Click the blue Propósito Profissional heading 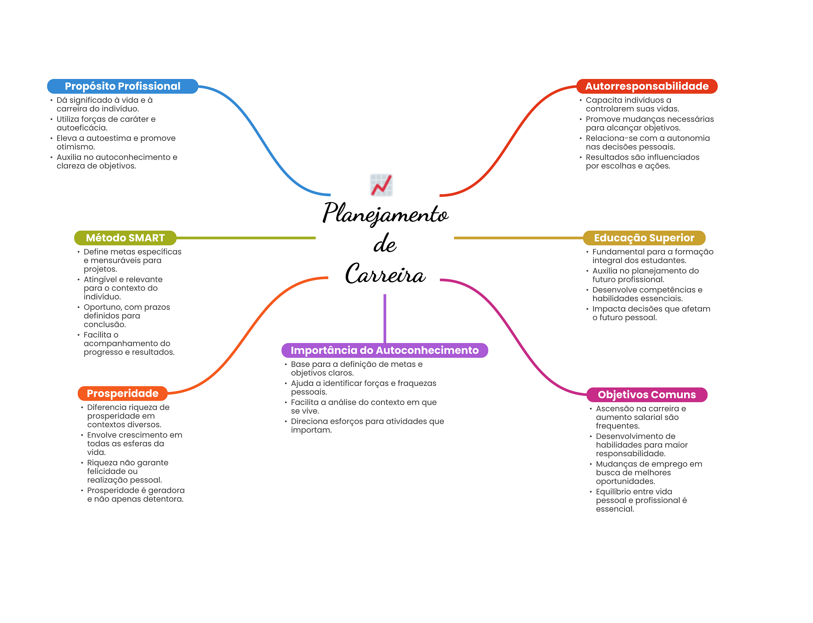122,86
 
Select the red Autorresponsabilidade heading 647,86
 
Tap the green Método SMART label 125,238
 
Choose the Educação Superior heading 644,238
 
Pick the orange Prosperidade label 122,393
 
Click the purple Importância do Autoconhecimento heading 384,350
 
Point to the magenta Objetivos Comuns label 647,395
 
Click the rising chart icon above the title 381,185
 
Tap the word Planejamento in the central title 385,214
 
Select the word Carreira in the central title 385,274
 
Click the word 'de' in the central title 385,244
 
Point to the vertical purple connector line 385,318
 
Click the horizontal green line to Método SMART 246,238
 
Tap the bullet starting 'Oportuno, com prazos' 127,316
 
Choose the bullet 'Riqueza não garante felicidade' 127,471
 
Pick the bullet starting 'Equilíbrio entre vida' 641,500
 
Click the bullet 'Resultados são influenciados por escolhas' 642,162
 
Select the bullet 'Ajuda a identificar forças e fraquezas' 363,388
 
